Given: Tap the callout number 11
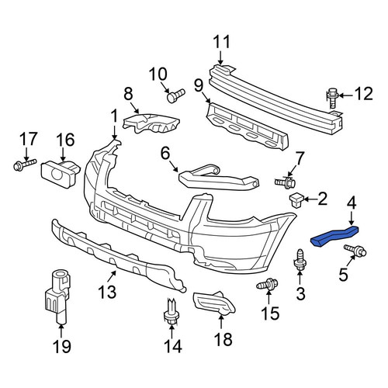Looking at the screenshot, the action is click(x=222, y=42).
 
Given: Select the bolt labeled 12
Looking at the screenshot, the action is click(x=332, y=98).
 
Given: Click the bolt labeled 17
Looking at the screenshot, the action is click(x=24, y=165).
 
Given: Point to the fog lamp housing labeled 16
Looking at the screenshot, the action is click(x=61, y=174).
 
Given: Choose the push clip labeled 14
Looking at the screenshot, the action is click(x=171, y=312).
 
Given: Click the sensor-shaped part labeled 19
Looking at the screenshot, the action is click(x=57, y=296).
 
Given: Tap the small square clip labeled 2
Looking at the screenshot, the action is click(x=296, y=199).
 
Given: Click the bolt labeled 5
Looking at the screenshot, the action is click(x=355, y=250).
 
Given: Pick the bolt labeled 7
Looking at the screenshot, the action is click(x=285, y=182).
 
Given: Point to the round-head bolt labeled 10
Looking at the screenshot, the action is click(x=176, y=95).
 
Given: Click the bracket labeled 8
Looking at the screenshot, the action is click(x=151, y=123).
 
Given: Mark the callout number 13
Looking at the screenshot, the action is click(x=108, y=292).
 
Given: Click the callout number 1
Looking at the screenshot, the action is click(x=114, y=116).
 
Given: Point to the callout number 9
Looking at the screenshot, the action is click(x=199, y=86).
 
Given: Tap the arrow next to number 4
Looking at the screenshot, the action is click(x=352, y=217).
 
